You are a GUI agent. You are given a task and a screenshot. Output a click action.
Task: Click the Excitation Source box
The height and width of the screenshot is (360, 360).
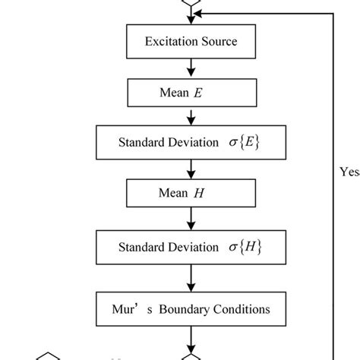pos(191,41)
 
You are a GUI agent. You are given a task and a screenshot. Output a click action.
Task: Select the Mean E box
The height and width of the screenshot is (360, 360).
pos(191,94)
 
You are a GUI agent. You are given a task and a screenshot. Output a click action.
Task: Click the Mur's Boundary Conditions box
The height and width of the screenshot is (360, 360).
pos(191,309)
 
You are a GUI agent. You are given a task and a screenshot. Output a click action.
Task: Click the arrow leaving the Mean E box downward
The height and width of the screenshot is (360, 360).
pos(191,117)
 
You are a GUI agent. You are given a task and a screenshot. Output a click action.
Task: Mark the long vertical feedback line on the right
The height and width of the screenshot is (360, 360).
pos(333,182)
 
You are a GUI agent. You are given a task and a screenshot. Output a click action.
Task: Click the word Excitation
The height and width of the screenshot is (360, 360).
pos(167,41)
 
